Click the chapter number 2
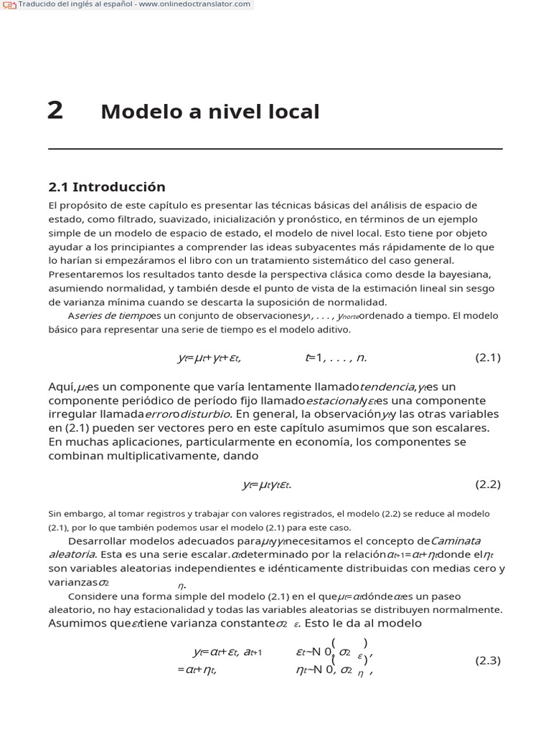[x=55, y=111]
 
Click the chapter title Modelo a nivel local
[x=209, y=112]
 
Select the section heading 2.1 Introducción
[x=106, y=187]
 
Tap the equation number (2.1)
[x=488, y=358]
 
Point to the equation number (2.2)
[x=488, y=485]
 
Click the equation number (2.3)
[x=488, y=661]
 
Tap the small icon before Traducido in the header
[x=9, y=5]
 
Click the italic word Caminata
[x=456, y=541]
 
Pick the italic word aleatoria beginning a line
[x=72, y=554]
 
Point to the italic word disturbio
[x=206, y=414]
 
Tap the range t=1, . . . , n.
[x=336, y=358]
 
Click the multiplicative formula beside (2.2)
[x=266, y=485]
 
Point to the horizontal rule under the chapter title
[x=275, y=148]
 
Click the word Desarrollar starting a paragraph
[x=100, y=541]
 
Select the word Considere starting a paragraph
[x=96, y=596]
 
